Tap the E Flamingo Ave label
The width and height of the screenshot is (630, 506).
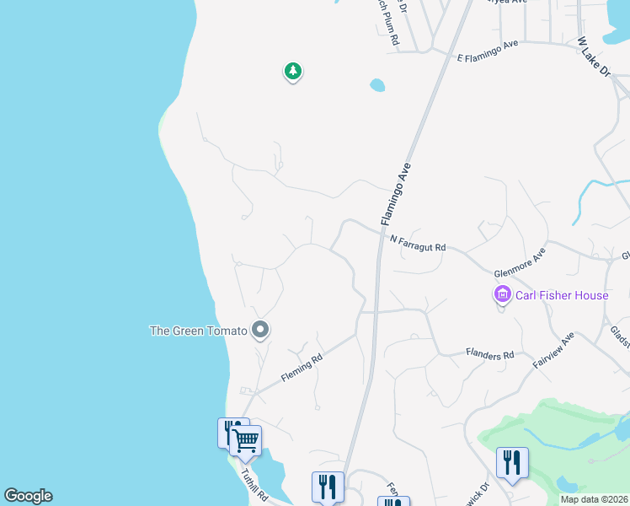tap(488, 51)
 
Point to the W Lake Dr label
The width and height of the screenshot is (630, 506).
tap(593, 58)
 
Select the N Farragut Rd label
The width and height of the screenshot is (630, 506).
tap(418, 243)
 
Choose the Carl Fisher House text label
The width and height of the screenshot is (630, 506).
tap(562, 295)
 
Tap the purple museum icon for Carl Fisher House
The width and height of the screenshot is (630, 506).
tap(502, 295)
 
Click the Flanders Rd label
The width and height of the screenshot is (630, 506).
tap(489, 355)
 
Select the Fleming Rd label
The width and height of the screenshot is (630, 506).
tap(302, 370)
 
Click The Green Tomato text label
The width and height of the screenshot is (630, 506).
tap(198, 331)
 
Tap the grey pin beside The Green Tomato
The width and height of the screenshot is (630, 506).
tap(261, 331)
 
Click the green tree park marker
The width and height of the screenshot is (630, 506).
tap(292, 72)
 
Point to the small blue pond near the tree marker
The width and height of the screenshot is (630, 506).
tap(376, 85)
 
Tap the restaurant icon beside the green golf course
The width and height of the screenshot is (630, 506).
tap(512, 462)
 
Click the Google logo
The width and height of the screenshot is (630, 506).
tap(28, 496)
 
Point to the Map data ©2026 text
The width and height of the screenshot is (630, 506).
tap(593, 499)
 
